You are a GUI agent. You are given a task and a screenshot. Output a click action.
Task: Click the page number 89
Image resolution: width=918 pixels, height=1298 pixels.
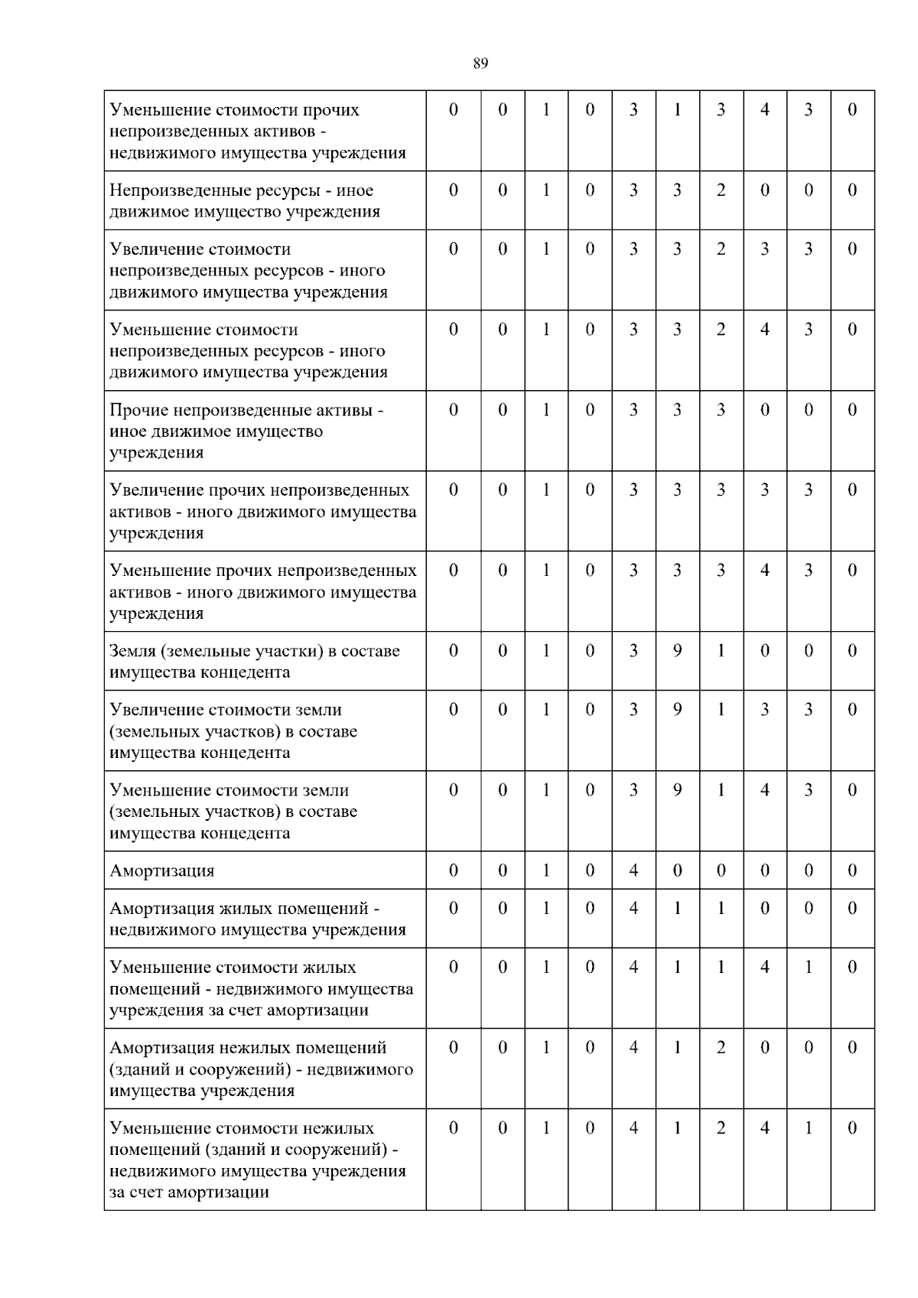pos(480,63)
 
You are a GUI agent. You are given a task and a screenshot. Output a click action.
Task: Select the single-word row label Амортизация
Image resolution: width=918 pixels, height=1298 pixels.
pos(162,870)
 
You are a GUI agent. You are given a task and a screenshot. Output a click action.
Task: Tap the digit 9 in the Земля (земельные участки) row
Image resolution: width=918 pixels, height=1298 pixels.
pos(677,651)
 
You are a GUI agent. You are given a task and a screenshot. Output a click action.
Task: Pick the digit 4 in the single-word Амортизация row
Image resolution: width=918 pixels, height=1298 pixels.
pos(633,870)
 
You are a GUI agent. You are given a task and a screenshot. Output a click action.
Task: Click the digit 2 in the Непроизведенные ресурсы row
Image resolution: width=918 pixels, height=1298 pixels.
pos(721,190)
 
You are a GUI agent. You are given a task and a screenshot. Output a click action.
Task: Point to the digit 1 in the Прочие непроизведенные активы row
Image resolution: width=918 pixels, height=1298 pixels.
pos(546,410)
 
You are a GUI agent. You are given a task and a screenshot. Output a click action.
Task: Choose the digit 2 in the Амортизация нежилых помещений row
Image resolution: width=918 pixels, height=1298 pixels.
pos(721,1048)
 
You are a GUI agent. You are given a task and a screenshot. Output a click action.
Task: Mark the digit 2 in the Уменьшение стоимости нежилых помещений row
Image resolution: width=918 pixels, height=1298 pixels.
pos(721,1128)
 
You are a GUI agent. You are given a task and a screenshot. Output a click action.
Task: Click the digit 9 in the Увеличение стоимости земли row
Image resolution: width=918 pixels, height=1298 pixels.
pos(677,710)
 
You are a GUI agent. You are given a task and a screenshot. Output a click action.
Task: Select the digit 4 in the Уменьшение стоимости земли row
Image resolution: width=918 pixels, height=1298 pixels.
pos(764,790)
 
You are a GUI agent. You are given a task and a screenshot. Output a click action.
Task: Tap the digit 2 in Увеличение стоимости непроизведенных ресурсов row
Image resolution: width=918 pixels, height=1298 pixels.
pos(721,249)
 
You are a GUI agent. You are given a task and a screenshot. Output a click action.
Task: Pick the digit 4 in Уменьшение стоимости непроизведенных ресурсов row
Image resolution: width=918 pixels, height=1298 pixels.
pos(764,330)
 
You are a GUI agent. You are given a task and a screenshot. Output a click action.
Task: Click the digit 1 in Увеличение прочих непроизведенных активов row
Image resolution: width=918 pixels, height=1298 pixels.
pos(546,490)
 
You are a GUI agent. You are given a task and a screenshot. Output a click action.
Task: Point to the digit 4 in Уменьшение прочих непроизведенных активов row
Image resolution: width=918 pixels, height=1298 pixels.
pos(764,571)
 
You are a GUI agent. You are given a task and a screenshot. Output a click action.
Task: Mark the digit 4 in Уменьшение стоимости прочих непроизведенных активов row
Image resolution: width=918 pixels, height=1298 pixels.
pos(764,110)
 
